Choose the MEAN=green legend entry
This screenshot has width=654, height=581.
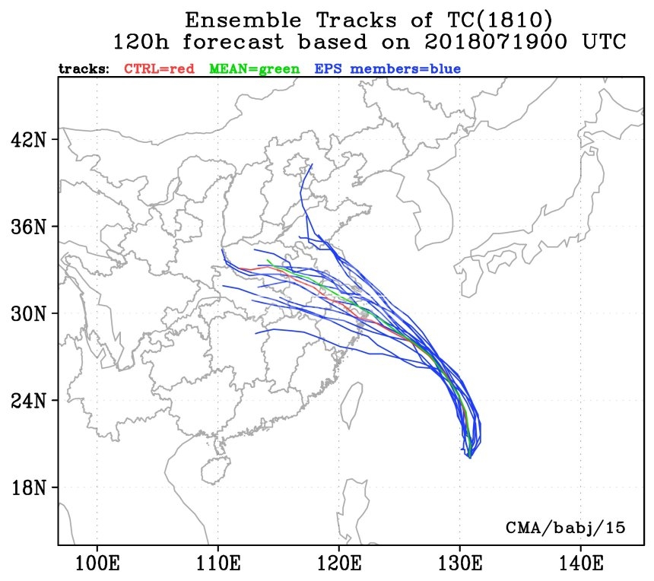tap(254, 69)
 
